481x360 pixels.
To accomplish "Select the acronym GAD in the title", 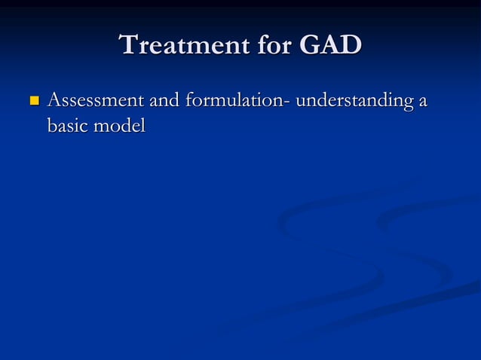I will pyautogui.click(x=331, y=45).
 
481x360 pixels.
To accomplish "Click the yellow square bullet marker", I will pyautogui.click(x=32, y=100).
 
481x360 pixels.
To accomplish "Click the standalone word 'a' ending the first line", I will pyautogui.click(x=422, y=102).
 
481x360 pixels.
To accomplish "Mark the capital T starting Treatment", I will pyautogui.click(x=130, y=45).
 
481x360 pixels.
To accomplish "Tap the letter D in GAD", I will pyautogui.click(x=351, y=45).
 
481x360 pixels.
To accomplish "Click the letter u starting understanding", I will pyautogui.click(x=300, y=102).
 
